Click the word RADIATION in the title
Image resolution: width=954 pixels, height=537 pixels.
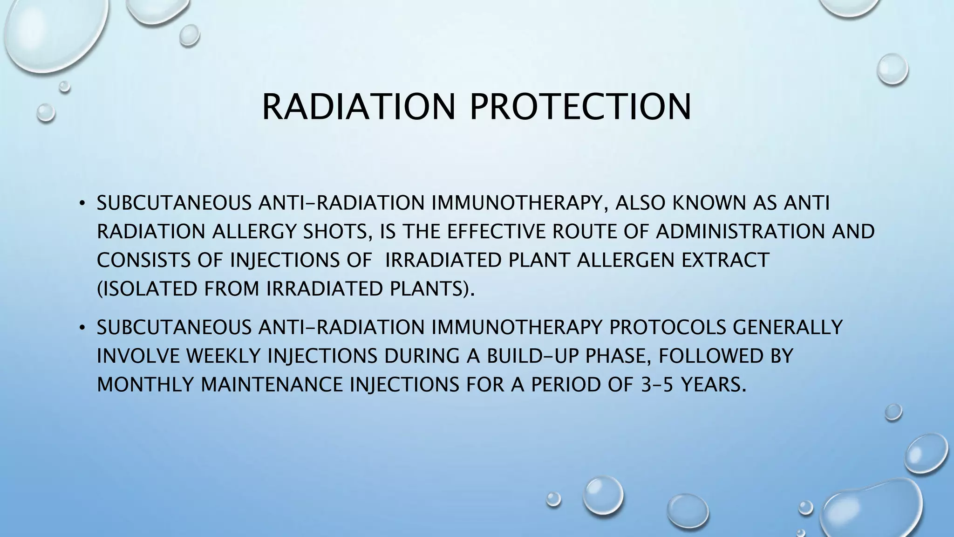[x=358, y=107]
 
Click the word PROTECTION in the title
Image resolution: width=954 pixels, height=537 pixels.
[x=580, y=107]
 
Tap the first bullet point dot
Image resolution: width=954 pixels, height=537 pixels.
[x=82, y=204]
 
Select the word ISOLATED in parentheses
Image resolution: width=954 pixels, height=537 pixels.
[x=149, y=289]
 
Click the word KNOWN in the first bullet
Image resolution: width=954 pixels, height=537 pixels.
[x=709, y=204]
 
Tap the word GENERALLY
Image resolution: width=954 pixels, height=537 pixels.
[x=788, y=328]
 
